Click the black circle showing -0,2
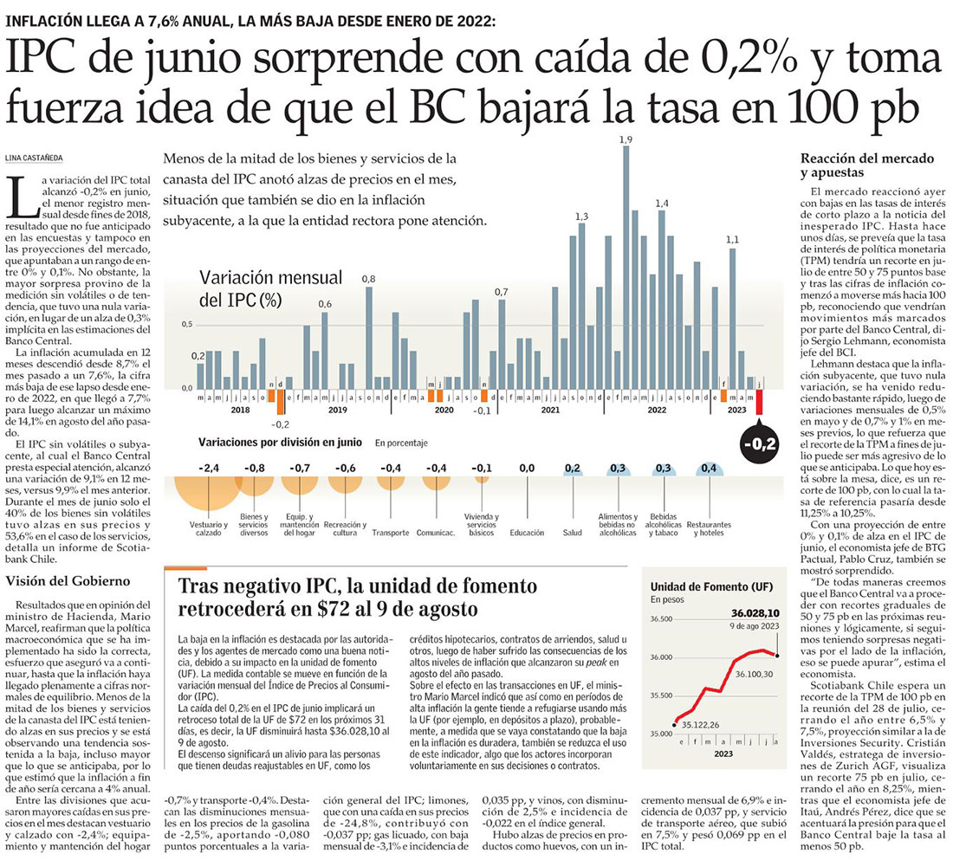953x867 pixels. pyautogui.click(x=759, y=445)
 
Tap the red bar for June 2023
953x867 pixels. pyautogui.click(x=759, y=401)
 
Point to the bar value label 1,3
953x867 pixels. pyautogui.click(x=581, y=217)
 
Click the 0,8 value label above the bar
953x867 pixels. pyautogui.click(x=368, y=279)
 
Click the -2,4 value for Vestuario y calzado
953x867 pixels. pyautogui.click(x=209, y=468)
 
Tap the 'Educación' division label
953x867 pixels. pyautogui.click(x=527, y=533)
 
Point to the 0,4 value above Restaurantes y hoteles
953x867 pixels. pyautogui.click(x=708, y=468)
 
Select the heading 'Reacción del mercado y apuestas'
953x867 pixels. pyautogui.click(x=866, y=165)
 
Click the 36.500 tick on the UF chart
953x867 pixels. pyautogui.click(x=661, y=619)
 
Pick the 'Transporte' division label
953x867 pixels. pyautogui.click(x=391, y=533)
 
